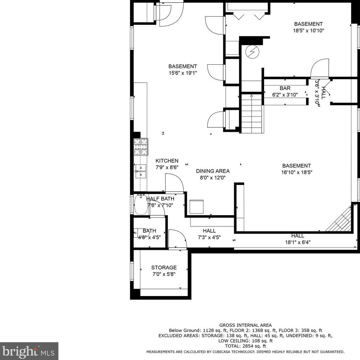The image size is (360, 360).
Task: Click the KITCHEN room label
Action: [x=167, y=161]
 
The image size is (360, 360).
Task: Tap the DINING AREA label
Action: [x=212, y=171]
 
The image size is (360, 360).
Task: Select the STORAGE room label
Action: [x=164, y=268]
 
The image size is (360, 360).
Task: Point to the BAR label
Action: [x=285, y=88]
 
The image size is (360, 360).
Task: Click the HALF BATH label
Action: [x=160, y=199]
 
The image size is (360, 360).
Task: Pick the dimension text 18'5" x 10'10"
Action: [x=308, y=31]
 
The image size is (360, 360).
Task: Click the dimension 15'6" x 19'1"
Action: [x=183, y=73]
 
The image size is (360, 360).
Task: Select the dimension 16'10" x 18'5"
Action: [x=297, y=172]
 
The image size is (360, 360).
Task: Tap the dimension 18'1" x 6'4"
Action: [x=298, y=242]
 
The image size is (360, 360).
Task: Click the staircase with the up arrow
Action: [x=251, y=114]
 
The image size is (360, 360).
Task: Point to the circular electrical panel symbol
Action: [x=252, y=52]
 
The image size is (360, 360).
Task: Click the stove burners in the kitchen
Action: [x=141, y=147]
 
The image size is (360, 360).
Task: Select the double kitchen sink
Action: [x=141, y=171]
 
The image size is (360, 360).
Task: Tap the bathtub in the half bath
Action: [x=141, y=204]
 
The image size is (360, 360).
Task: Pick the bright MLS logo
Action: [x=29, y=351]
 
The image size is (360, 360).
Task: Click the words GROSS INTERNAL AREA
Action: [x=246, y=325]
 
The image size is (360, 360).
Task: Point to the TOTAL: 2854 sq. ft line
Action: [x=246, y=346]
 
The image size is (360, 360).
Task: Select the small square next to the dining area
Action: [x=197, y=207]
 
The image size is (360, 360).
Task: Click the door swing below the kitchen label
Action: [x=174, y=183]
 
